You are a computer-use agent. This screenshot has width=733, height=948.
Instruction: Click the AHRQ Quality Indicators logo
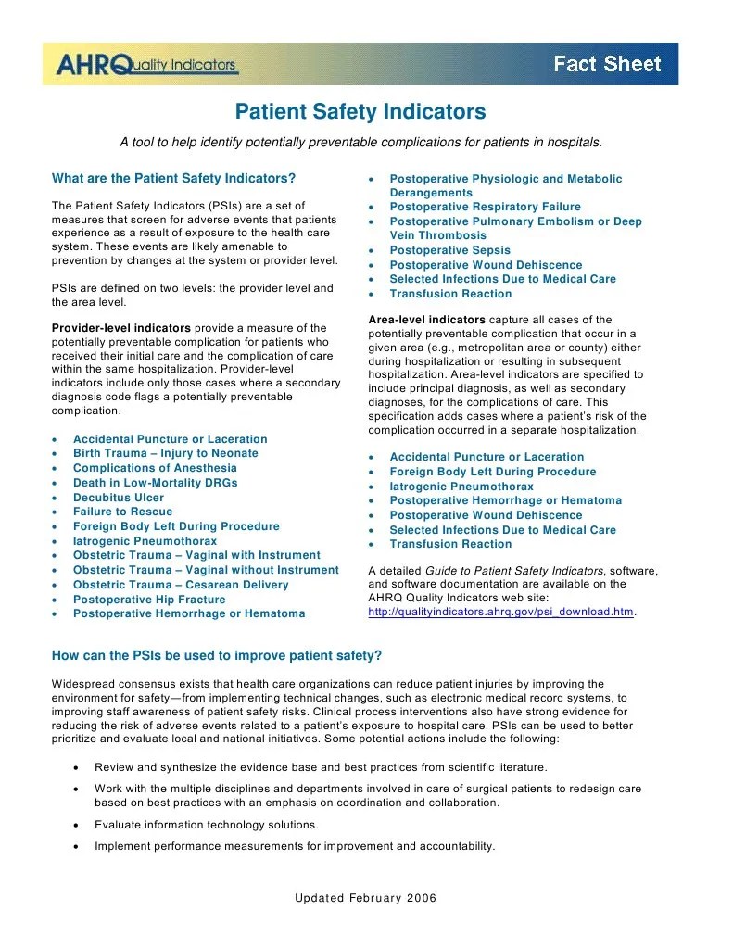pos(146,64)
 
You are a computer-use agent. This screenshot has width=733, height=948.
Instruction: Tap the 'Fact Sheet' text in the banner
pos(607,64)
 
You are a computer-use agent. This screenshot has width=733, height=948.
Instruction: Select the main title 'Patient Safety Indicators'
pos(360,112)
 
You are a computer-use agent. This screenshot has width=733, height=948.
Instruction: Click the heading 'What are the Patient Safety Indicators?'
pos(174,178)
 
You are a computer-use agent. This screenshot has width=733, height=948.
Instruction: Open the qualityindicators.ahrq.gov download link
pos(501,613)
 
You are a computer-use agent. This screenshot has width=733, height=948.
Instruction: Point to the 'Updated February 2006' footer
pos(365,898)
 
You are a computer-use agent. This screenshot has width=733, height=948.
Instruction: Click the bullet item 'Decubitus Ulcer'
pos(119,498)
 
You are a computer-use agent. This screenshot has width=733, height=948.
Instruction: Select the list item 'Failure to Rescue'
pos(122,512)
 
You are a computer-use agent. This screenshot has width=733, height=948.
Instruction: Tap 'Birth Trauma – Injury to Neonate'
pos(166,453)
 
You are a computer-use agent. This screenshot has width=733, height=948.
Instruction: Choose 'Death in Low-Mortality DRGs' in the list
pos(156,483)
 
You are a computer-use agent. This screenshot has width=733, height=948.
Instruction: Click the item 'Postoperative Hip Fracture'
pos(149,600)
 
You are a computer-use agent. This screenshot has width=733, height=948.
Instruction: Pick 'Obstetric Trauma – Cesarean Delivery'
pos(181,585)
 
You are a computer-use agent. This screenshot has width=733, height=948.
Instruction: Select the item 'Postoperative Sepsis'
pos(449,250)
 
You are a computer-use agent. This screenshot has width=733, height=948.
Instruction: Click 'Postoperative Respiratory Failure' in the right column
pos(485,207)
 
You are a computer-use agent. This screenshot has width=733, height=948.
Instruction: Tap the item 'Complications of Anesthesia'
pos(155,468)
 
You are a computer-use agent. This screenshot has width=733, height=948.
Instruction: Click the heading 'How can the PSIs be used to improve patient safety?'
pos(217,655)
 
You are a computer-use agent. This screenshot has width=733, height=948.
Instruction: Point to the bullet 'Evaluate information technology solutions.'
pos(207,824)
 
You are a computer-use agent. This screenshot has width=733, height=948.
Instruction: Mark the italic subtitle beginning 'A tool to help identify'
pos(360,143)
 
